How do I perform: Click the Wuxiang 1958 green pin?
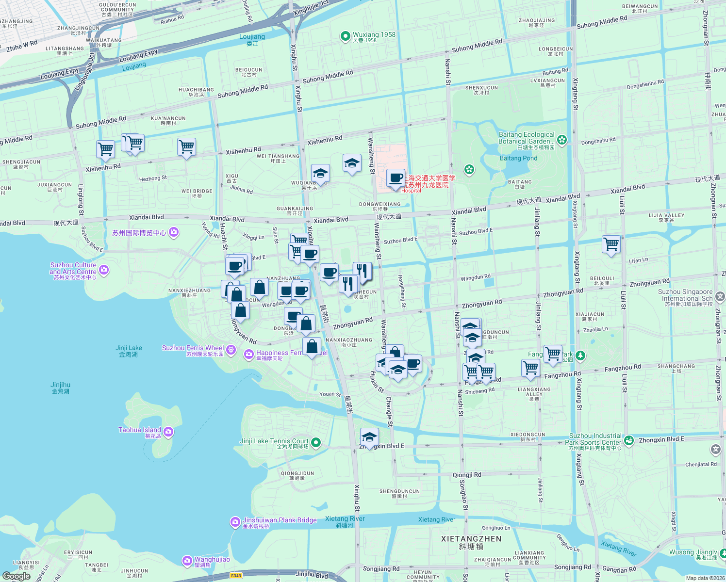[345, 36]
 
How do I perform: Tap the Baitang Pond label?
[518, 158]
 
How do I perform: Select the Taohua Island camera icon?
[168, 431]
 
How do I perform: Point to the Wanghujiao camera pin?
[187, 561]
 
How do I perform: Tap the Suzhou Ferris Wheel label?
[193, 348]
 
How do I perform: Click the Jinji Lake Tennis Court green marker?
[316, 442]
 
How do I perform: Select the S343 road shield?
[236, 576]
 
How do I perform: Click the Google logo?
[16, 576]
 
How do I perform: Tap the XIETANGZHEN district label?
[471, 539]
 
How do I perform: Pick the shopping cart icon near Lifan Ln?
[611, 244]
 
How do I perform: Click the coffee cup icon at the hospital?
[396, 178]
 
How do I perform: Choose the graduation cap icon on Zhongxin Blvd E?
[369, 437]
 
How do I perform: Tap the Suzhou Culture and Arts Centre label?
[73, 268]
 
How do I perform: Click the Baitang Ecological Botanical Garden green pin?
[562, 140]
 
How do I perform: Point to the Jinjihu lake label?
[61, 385]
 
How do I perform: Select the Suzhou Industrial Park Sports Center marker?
[629, 440]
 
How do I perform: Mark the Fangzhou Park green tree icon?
[580, 356]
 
